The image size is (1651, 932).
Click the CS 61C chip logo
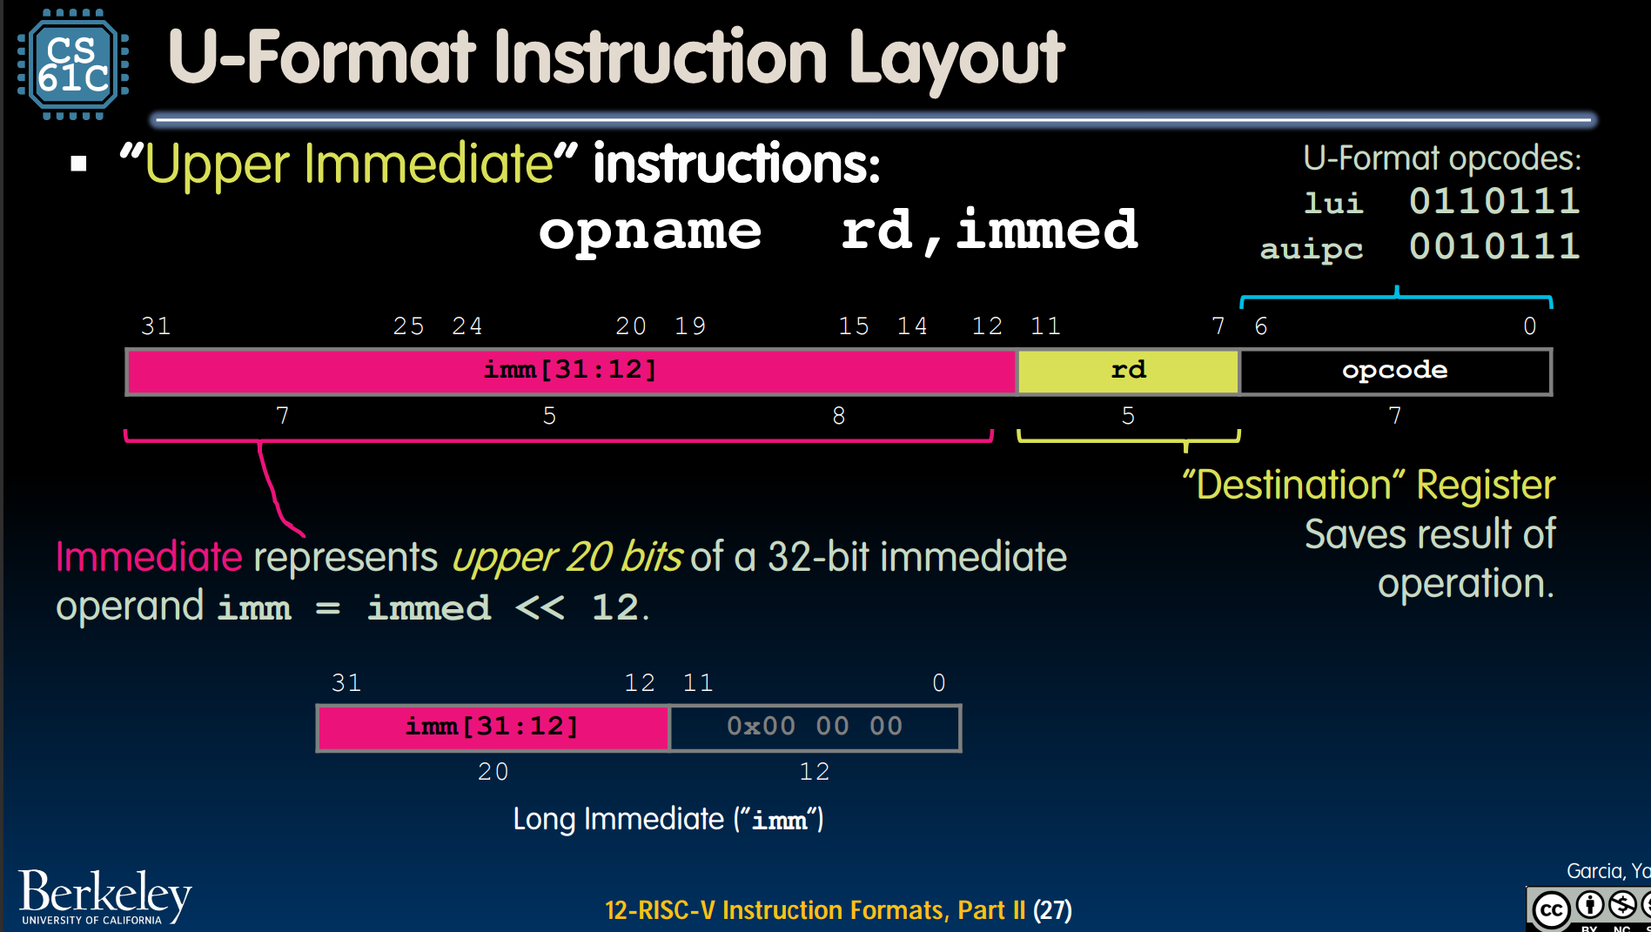tap(73, 64)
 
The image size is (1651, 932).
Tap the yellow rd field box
tap(1128, 372)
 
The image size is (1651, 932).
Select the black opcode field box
tap(1395, 372)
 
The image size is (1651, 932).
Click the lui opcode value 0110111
tap(1493, 201)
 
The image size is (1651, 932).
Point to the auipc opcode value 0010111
tap(1493, 246)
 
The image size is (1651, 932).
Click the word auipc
tap(1312, 250)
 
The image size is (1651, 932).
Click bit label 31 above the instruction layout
tap(156, 326)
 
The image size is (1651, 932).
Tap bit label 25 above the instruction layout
tap(408, 326)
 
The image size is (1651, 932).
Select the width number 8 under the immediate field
tap(839, 416)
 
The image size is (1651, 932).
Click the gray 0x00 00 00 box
tap(815, 727)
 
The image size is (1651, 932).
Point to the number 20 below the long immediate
tap(493, 771)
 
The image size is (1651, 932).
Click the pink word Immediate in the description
tap(149, 557)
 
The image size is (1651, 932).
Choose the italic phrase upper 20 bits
tap(567, 558)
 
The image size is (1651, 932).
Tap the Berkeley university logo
tap(104, 896)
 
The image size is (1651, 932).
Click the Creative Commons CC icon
tap(1550, 910)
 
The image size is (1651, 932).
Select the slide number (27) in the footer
tap(1052, 910)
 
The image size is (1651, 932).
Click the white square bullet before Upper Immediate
tap(79, 164)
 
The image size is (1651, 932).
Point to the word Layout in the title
tap(956, 59)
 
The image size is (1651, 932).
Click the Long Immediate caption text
tap(668, 820)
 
